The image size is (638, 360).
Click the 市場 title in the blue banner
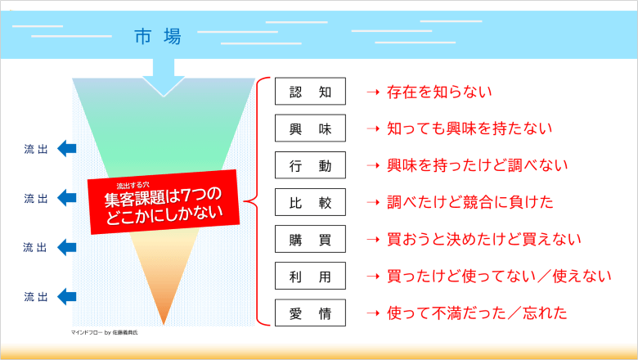point(158,37)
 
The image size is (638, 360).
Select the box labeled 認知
point(310,91)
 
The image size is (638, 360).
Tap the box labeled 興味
point(310,128)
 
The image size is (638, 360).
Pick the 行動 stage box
point(310,165)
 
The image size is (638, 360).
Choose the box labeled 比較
point(310,202)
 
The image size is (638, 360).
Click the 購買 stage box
point(310,239)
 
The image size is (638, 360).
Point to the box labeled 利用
point(310,277)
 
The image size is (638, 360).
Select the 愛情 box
point(310,313)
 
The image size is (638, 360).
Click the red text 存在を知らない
point(439,92)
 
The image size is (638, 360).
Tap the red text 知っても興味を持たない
point(470,128)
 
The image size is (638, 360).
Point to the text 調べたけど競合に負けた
point(470,202)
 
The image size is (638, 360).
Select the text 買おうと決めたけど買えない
point(484,239)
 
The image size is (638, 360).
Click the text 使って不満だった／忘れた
point(477,313)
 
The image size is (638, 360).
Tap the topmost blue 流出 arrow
point(67,148)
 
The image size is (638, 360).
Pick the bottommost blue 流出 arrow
point(67,296)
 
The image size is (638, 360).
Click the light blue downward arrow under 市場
point(164,77)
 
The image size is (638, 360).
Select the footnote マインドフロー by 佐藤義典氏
point(105,332)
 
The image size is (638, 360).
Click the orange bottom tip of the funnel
point(164,324)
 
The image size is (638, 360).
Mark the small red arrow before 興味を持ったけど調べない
point(373,165)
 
